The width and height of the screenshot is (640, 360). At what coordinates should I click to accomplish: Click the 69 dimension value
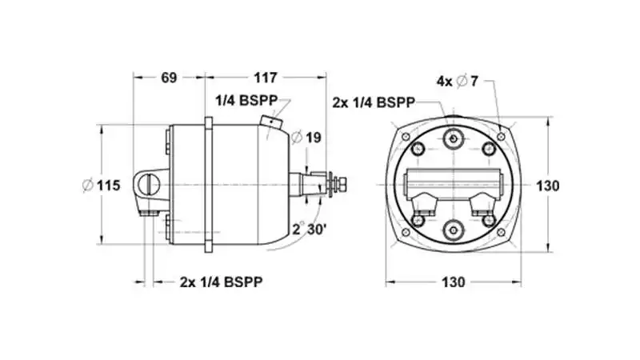pos(169,78)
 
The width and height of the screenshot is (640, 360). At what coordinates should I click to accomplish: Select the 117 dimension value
pos(266,78)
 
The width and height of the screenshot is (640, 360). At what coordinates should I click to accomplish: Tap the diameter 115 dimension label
pos(102,186)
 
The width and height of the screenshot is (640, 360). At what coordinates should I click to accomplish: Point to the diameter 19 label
pos(306,138)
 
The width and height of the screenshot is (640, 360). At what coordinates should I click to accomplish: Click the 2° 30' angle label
pos(310,229)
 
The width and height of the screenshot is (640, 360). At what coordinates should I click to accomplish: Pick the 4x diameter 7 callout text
pos(457,82)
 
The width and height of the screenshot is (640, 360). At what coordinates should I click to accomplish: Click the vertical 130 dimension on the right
pos(547,186)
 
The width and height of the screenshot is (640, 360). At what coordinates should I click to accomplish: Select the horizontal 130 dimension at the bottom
pos(454,282)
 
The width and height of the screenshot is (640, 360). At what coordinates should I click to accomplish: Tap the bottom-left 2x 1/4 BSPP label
pos(222,282)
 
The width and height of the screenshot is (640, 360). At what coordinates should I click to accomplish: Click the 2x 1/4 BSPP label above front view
pos(374,102)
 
